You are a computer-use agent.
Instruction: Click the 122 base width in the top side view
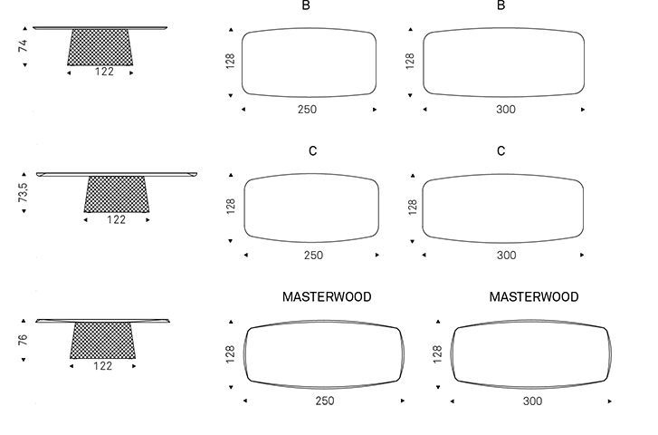pos(104,72)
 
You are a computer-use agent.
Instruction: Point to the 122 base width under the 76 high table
pos(103,366)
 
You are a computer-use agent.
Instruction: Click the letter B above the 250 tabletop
pos(307,5)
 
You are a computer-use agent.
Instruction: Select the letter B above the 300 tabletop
pos(501,5)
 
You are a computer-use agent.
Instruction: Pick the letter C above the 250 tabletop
pos(312,151)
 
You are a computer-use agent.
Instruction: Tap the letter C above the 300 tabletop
pos(501,151)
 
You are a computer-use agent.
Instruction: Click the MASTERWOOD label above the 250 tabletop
pos(327,296)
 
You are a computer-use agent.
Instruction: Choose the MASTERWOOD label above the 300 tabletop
pos(534,296)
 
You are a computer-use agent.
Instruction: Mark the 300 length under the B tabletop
pos(505,110)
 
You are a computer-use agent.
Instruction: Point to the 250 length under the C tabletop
pos(313,256)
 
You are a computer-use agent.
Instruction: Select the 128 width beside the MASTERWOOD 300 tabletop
pos(438,353)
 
